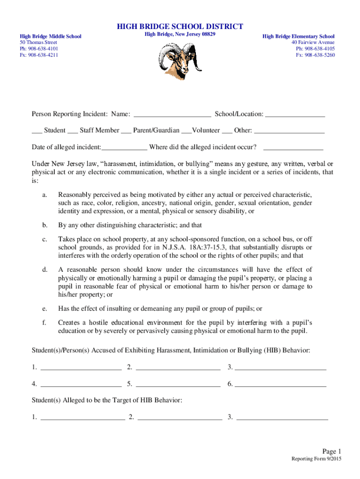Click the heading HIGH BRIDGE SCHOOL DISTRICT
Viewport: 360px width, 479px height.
click(x=180, y=27)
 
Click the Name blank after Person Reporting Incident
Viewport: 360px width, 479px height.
click(x=172, y=114)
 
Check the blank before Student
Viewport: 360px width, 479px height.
click(x=36, y=131)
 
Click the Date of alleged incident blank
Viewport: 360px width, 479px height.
click(x=124, y=147)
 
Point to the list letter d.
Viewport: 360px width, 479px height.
click(x=44, y=270)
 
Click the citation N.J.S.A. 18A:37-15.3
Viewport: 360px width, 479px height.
click(x=186, y=247)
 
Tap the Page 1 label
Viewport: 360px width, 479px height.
click(x=332, y=451)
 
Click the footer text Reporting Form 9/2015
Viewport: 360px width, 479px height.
click(x=317, y=459)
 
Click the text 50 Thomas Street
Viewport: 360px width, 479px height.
click(x=38, y=42)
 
